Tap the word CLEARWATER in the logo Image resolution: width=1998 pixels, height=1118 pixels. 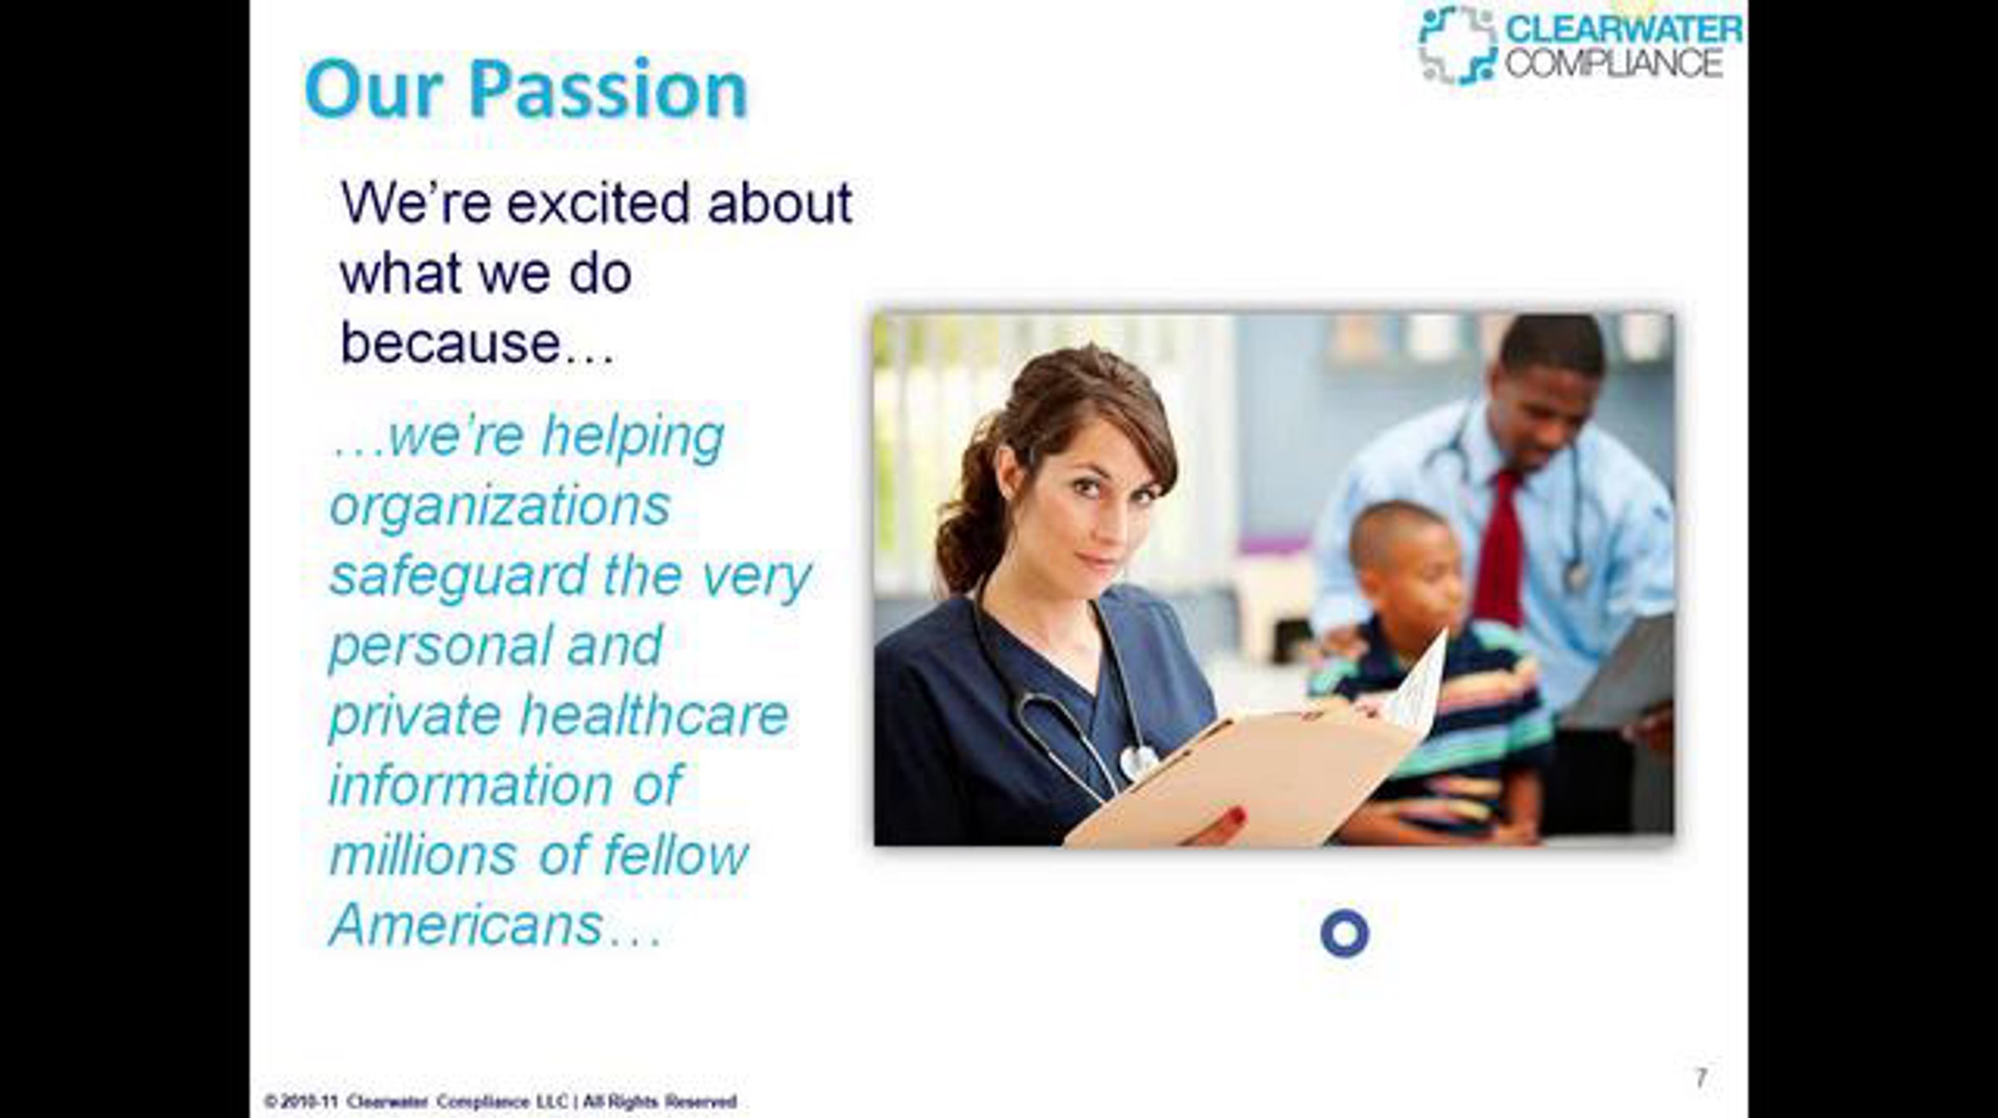1623,29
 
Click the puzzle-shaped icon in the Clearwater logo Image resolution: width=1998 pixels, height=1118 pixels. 1457,45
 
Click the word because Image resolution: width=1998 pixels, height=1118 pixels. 450,342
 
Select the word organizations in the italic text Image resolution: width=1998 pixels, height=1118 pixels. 499,507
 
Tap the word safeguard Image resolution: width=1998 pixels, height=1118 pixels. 460,576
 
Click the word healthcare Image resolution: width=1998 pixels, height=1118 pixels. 654,715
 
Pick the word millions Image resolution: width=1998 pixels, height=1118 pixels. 423,855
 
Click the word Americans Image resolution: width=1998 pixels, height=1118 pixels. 466,925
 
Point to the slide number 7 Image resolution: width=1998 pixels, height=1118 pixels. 1702,1078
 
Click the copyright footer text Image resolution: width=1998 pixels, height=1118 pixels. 500,1101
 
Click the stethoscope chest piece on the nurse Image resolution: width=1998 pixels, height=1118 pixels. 1137,761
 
